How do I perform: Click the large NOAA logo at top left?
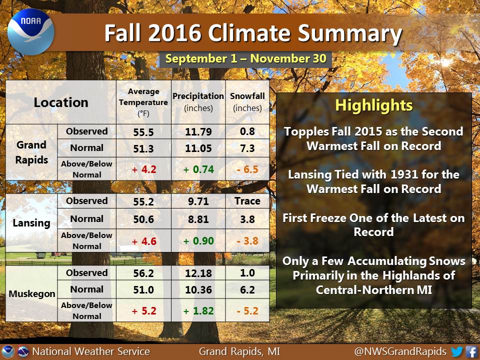point(30,32)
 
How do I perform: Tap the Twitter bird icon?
point(456,351)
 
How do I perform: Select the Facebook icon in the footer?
point(471,351)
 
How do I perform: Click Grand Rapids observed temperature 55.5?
point(143,132)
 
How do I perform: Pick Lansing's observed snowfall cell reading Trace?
point(247,201)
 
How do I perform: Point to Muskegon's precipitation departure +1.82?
point(198,310)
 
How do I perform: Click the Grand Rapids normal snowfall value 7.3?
point(247,148)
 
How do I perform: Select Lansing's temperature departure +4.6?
point(144,241)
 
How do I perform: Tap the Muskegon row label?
point(32,293)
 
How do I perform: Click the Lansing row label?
point(31,223)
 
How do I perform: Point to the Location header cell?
point(61,102)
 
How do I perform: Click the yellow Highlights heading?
point(374,105)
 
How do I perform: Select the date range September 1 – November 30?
point(246,58)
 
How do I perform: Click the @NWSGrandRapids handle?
point(400,351)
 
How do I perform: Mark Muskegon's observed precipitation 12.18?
point(198,273)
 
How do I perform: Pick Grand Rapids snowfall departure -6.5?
point(247,169)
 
